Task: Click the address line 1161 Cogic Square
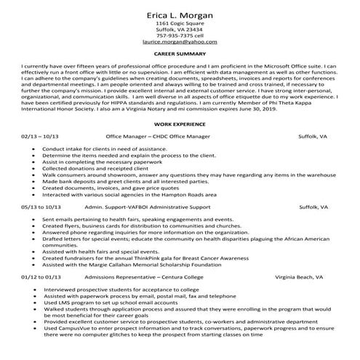coord(180,23)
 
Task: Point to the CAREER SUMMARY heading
coord(180,53)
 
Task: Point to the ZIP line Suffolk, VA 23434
coord(180,29)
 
